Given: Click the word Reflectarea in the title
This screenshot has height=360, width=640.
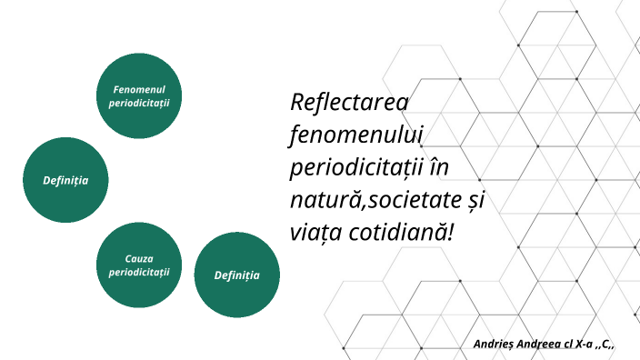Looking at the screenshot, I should (x=350, y=103).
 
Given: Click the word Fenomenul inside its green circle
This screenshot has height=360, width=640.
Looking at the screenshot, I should (x=139, y=89).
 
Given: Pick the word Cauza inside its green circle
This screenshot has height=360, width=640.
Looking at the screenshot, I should (x=139, y=259).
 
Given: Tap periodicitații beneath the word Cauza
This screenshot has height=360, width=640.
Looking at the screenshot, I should (x=139, y=272).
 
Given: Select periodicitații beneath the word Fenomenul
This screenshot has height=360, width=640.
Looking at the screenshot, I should (x=139, y=102).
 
